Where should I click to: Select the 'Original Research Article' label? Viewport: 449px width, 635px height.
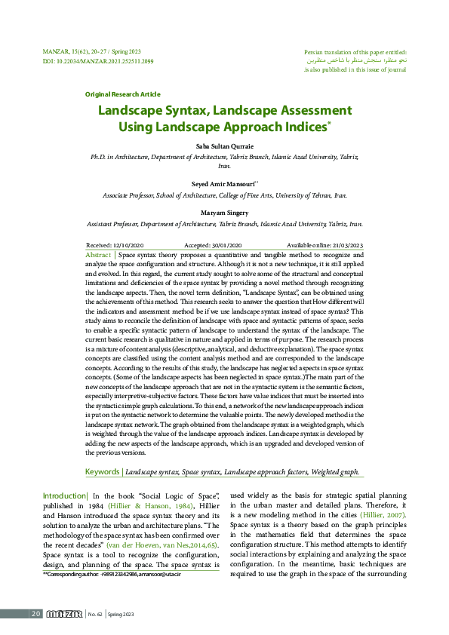[x=122, y=94]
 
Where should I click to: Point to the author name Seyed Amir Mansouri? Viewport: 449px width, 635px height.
[x=223, y=183]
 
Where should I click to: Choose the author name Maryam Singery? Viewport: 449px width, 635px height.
[x=224, y=213]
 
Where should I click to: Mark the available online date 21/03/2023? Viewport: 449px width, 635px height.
[x=346, y=246]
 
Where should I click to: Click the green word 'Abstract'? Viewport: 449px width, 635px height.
[x=98, y=256]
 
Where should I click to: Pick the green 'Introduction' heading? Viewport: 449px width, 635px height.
[x=64, y=495]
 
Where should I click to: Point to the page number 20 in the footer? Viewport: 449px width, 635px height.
[x=35, y=614]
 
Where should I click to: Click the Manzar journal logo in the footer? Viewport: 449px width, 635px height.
[x=64, y=614]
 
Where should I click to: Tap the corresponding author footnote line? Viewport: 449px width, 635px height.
[x=112, y=575]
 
